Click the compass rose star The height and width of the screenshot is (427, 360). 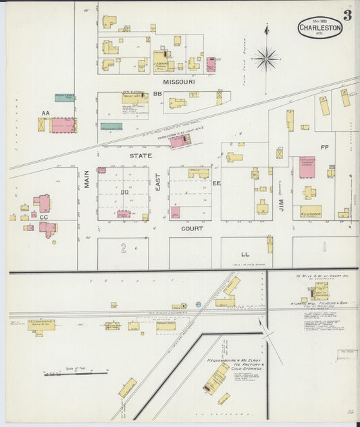click(x=266, y=59)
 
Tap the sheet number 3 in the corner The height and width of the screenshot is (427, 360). click(x=346, y=15)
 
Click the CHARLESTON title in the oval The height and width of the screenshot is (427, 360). click(x=320, y=28)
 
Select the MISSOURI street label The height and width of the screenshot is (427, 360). click(x=179, y=81)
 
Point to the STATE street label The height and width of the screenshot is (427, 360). click(x=140, y=155)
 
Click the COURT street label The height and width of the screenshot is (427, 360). click(x=192, y=228)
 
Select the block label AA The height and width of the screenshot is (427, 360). click(x=45, y=113)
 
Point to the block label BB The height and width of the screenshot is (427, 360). click(x=157, y=94)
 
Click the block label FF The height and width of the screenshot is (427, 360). click(x=324, y=147)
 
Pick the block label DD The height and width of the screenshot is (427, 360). click(x=124, y=193)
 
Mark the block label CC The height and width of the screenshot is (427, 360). click(x=44, y=218)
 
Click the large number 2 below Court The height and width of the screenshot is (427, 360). click(x=124, y=249)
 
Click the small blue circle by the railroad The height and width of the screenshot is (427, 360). click(x=198, y=305)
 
